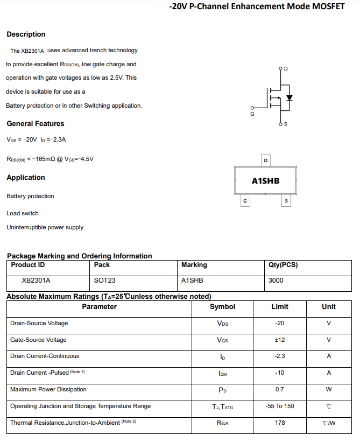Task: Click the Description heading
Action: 26,34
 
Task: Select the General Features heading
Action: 35,124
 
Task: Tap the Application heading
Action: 26,178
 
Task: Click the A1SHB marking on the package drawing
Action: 265,181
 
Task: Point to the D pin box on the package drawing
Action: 265,160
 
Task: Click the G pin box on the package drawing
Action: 245,201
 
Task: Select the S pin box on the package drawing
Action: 286,201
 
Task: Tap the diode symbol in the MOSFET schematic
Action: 290,98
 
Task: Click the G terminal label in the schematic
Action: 252,114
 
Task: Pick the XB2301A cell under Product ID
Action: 36,280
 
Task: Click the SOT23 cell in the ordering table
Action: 104,280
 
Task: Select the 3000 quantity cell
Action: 276,280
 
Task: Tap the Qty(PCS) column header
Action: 283,265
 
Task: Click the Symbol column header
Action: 222,307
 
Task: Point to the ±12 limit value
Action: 279,340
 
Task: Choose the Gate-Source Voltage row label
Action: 38,340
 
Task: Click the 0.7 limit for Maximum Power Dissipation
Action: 279,389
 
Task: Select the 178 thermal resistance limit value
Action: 279,423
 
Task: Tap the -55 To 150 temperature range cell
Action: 279,406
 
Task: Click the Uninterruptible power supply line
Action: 45,227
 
